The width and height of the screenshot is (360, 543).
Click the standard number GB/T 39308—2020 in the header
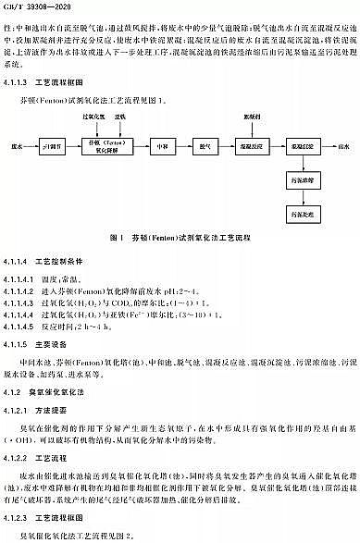pos(38,6)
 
